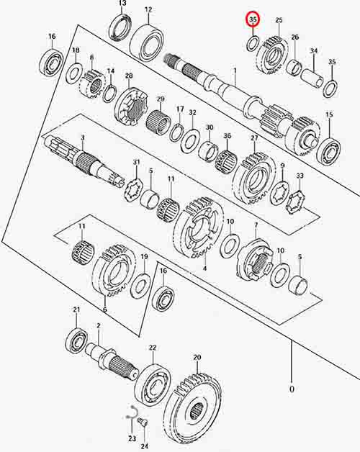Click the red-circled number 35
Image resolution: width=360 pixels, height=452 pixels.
click(x=253, y=19)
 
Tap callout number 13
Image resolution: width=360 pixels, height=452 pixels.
click(x=122, y=4)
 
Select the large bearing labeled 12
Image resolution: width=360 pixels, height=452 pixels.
click(x=147, y=42)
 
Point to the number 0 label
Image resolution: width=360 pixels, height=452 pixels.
click(x=292, y=389)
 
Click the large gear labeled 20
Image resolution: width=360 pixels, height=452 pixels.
click(x=194, y=413)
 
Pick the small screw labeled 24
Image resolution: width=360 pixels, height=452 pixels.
click(x=143, y=423)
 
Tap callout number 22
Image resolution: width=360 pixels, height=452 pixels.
click(x=153, y=348)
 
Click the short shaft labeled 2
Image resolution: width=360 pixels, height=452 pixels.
click(x=111, y=361)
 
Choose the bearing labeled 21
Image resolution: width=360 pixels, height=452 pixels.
click(x=76, y=340)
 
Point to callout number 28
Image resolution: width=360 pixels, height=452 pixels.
click(x=129, y=76)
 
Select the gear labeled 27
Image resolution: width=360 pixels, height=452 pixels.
click(x=254, y=179)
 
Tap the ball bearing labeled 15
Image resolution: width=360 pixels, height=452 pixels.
click(x=329, y=152)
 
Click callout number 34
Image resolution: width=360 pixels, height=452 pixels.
click(x=314, y=50)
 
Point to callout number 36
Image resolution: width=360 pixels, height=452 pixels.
click(x=228, y=135)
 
